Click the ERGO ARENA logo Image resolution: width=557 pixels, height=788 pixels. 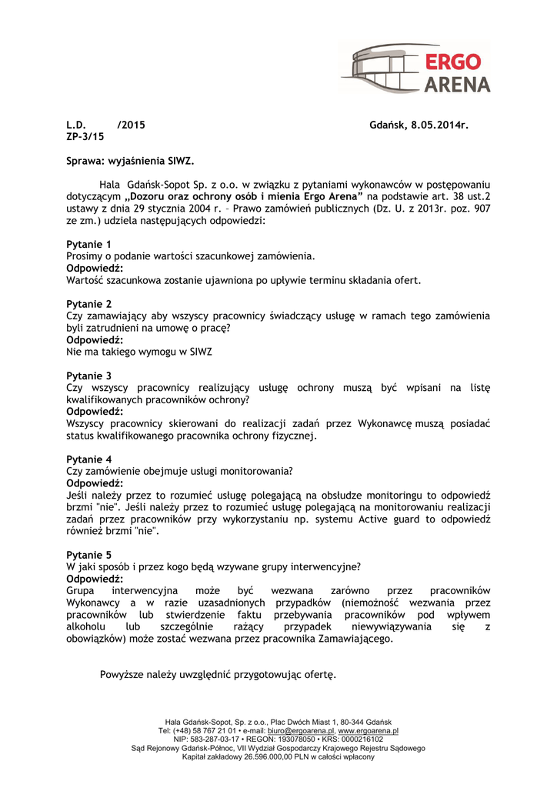click(x=415, y=68)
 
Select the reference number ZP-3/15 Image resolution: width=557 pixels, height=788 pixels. click(x=85, y=136)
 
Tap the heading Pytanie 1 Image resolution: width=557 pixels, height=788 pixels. click(x=89, y=245)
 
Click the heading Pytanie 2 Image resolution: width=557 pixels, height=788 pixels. click(x=89, y=304)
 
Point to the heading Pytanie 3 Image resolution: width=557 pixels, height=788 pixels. click(x=89, y=376)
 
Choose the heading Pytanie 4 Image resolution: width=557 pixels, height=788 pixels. click(x=89, y=459)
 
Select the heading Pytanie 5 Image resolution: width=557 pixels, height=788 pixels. click(x=89, y=555)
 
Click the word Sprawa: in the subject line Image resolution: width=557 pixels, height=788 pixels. click(x=85, y=162)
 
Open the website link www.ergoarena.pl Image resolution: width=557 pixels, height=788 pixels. click(x=368, y=730)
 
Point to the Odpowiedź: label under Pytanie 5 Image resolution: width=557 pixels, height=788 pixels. click(x=95, y=579)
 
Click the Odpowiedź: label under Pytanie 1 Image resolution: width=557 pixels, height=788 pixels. click(x=95, y=268)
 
